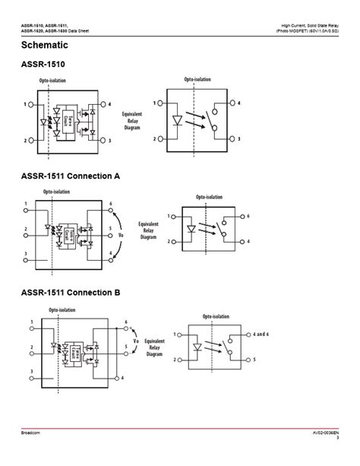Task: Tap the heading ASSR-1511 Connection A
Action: pyautogui.click(x=70, y=176)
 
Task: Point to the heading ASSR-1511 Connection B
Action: pyautogui.click(x=70, y=292)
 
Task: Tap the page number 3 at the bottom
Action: pyautogui.click(x=338, y=458)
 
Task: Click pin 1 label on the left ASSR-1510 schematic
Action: pyautogui.click(x=25, y=103)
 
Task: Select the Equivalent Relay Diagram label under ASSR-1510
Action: pyautogui.click(x=134, y=121)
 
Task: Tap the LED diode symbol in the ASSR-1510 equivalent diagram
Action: pyautogui.click(x=178, y=120)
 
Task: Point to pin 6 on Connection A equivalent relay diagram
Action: pyautogui.click(x=247, y=217)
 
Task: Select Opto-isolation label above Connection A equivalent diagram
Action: pyautogui.click(x=209, y=197)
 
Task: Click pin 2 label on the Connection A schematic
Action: pyautogui.click(x=25, y=228)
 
